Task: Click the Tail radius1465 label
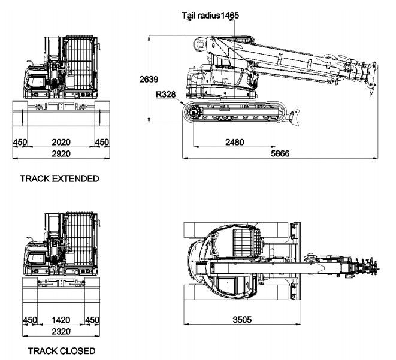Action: pos(210,16)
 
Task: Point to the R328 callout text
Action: pos(165,95)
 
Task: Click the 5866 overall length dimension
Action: pos(280,154)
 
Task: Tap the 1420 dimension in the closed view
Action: pos(60,320)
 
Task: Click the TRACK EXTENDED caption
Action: pos(59,179)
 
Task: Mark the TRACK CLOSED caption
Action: pos(58,351)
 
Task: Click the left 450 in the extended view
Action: pos(20,142)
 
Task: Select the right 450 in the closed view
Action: pos(92,320)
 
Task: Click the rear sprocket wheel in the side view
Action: pos(193,111)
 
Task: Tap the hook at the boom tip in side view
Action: pos(371,90)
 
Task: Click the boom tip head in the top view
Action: pos(367,264)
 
